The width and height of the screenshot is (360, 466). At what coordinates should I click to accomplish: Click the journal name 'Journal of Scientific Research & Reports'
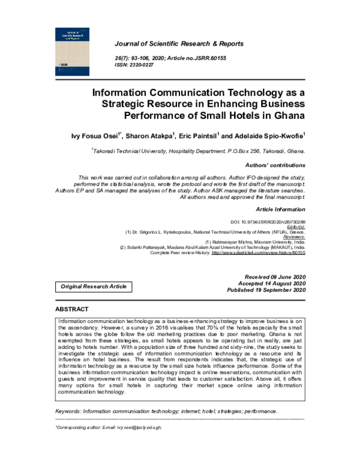click(x=179, y=44)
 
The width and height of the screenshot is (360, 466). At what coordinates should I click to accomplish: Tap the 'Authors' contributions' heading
click(x=275, y=165)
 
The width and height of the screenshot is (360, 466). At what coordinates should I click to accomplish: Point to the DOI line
click(x=268, y=222)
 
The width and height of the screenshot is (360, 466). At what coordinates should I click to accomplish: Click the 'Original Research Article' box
click(x=94, y=286)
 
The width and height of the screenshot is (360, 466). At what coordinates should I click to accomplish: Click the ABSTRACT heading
click(x=72, y=309)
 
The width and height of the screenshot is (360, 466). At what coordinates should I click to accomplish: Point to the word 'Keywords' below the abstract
click(x=68, y=411)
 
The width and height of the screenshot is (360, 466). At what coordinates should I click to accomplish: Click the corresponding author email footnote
click(x=109, y=428)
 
